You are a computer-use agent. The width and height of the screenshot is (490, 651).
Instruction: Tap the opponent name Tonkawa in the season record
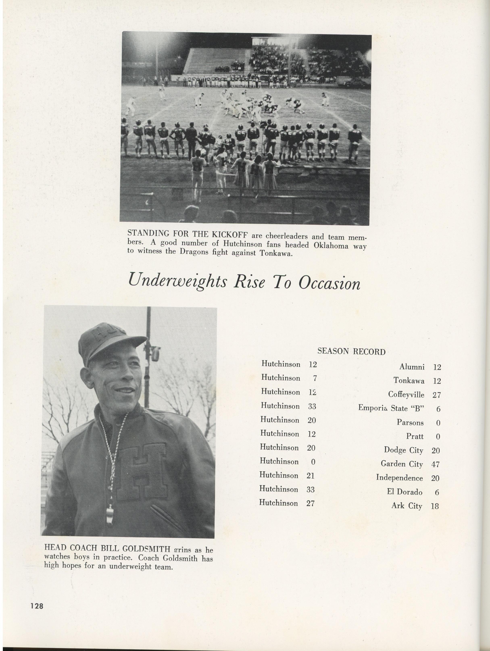[409, 381]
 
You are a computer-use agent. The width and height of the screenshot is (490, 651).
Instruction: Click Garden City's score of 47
[435, 465]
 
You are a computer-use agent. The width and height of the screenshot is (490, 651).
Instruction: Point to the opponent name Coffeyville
[406, 395]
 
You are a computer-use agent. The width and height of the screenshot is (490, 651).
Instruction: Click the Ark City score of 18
[435, 506]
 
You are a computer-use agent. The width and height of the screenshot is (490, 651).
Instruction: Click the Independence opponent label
[399, 478]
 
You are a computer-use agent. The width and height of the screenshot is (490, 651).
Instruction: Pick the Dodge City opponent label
[403, 450]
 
